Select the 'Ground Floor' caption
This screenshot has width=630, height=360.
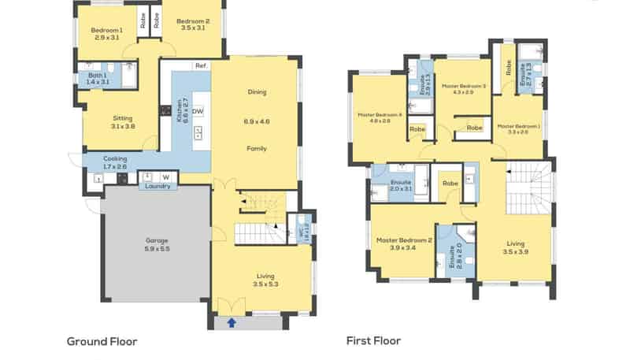(102, 341)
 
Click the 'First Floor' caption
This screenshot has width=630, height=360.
(373, 341)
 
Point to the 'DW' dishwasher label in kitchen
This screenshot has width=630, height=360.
(198, 111)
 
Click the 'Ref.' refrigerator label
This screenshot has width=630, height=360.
(201, 65)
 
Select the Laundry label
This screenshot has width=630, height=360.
(157, 186)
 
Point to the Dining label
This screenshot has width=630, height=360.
(257, 91)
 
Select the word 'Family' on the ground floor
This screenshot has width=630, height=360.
(257, 148)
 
